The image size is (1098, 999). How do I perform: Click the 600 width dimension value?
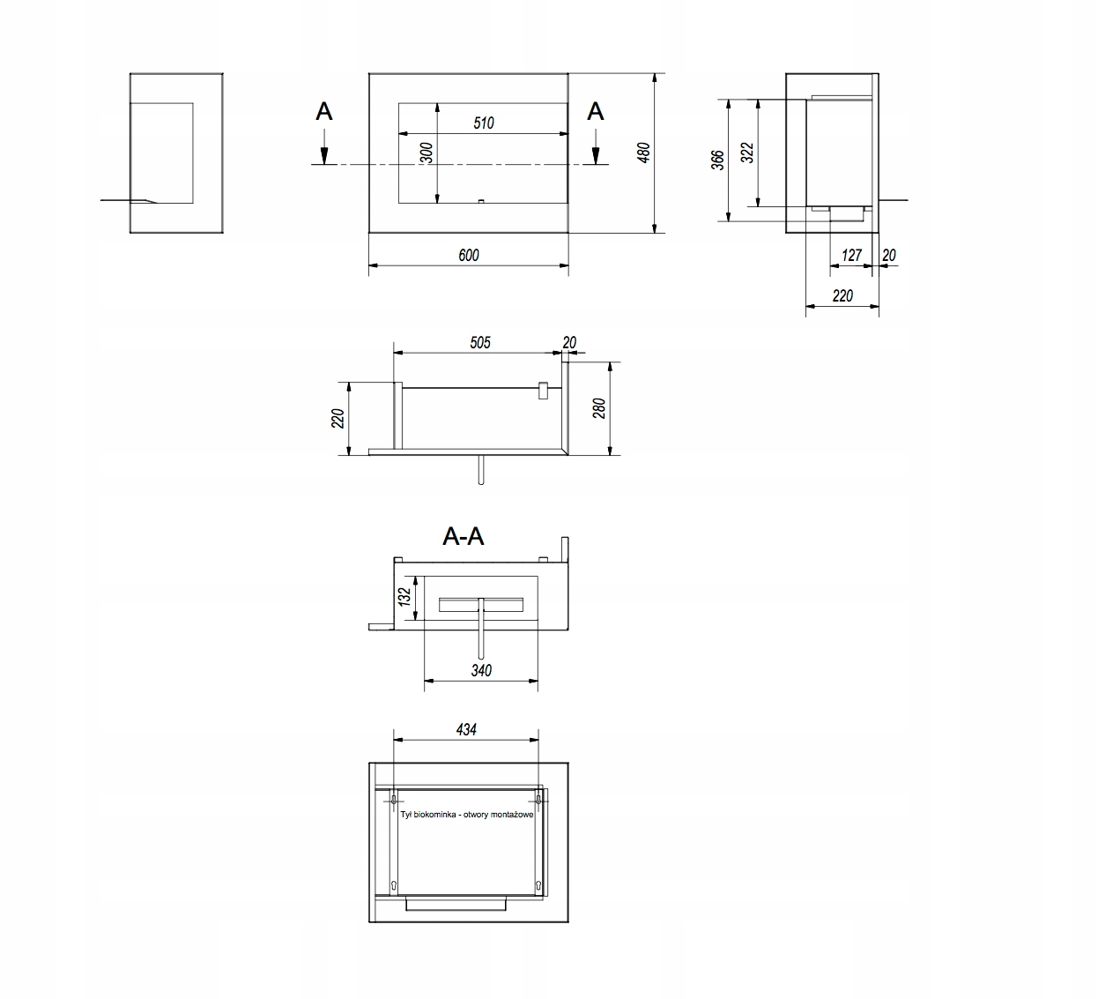469,255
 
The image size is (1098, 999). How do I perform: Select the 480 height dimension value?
643,153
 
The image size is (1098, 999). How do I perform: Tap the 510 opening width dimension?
483,123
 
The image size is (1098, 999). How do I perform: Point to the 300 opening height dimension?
427,153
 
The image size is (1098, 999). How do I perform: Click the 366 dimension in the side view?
717,160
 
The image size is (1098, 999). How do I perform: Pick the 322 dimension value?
747,153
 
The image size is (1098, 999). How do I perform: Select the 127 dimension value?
851,255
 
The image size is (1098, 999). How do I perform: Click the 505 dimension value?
480,343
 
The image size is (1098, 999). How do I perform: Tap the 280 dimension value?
599,408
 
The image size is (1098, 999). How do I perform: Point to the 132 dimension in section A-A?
404,596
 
